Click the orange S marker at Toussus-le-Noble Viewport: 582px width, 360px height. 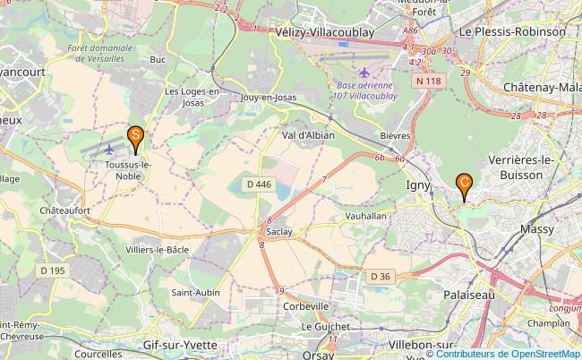tap(135, 138)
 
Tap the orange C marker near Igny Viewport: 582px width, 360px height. tap(465, 184)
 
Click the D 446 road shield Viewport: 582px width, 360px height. tap(259, 184)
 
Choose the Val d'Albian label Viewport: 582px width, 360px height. tap(308, 134)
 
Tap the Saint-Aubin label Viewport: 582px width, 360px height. tap(197, 291)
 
